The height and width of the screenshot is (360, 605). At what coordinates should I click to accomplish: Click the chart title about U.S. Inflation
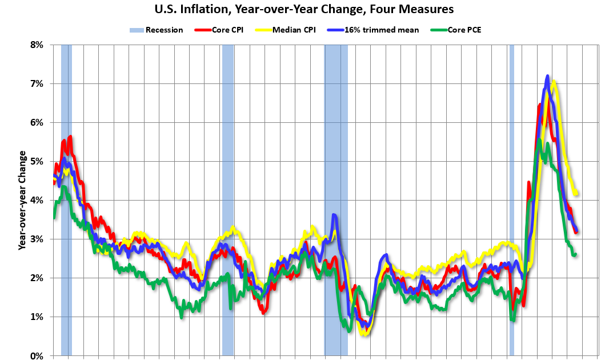tap(302, 9)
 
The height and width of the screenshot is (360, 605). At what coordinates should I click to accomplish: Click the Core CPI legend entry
tap(220, 30)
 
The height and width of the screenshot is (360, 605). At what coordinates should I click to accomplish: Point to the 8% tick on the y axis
tap(37, 45)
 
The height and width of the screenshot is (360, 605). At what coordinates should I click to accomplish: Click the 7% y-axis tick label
tap(37, 83)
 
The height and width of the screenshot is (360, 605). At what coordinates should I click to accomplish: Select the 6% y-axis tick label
tap(37, 122)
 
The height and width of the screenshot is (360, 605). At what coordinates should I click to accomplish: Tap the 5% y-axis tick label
tap(37, 161)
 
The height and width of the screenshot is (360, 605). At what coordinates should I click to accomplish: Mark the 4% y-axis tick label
tap(37, 200)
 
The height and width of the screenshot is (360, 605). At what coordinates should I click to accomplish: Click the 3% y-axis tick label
tap(37, 239)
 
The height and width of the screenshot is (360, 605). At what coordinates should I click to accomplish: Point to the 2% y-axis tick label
tap(37, 278)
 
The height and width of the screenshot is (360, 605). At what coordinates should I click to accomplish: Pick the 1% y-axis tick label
tap(37, 317)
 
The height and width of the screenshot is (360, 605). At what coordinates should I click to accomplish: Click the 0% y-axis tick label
tap(37, 355)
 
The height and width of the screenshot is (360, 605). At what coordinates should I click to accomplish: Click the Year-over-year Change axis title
tap(22, 200)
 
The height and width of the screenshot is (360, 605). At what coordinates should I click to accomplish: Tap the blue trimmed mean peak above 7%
tap(547, 76)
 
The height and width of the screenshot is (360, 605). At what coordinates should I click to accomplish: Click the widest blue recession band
tap(336, 200)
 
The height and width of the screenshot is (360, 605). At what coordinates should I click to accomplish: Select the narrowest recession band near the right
tap(511, 200)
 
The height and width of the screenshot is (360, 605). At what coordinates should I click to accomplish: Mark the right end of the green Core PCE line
tap(575, 254)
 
